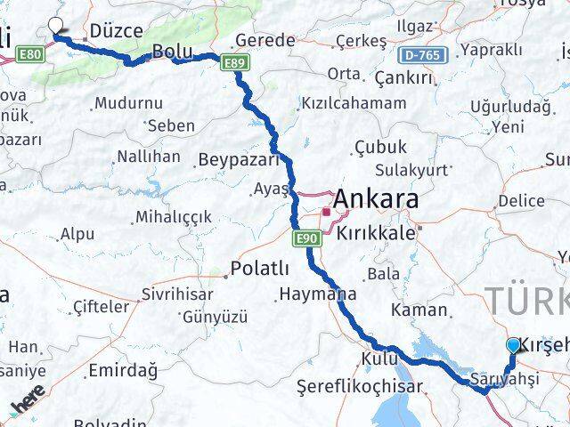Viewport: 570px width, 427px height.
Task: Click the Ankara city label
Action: click(x=376, y=201)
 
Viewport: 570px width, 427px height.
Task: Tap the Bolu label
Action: click(x=168, y=52)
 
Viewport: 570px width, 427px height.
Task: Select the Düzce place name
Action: click(x=116, y=30)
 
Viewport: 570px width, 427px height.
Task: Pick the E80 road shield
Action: click(x=30, y=55)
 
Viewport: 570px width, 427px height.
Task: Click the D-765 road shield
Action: click(x=420, y=55)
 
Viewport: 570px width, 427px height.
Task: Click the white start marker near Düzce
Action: click(x=57, y=27)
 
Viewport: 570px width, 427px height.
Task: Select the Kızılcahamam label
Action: click(x=353, y=103)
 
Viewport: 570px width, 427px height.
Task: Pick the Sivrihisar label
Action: click(x=179, y=294)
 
